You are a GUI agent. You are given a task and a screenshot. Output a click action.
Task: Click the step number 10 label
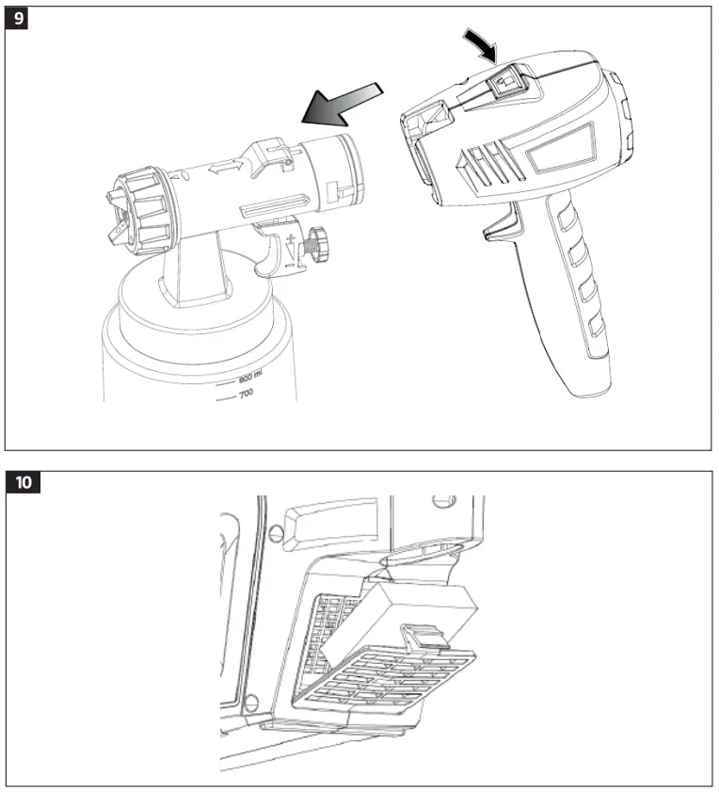pos(24,482)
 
